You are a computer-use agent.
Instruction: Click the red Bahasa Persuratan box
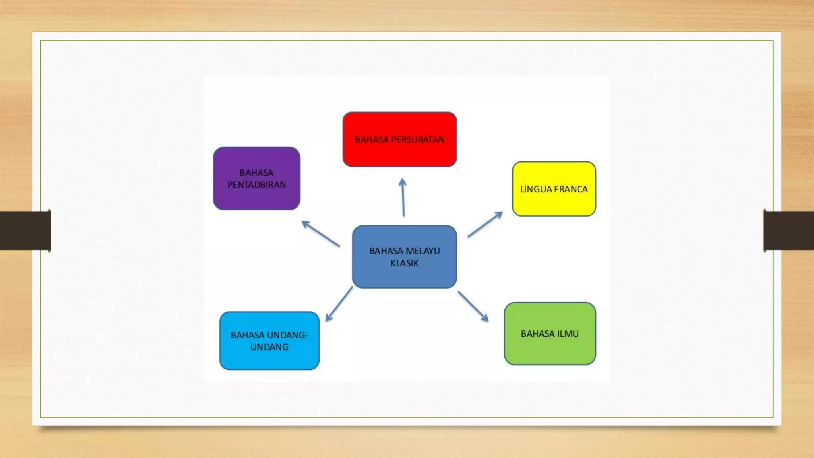coord(400,139)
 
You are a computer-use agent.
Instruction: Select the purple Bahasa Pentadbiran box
coord(257,179)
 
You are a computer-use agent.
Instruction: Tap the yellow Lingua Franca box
coord(554,189)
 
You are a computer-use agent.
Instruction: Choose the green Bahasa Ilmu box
coord(550,334)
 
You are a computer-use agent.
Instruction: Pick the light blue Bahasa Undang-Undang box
coord(269,341)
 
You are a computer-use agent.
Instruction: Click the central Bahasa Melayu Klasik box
coord(405,257)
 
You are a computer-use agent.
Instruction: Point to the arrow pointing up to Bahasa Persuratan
coord(403,197)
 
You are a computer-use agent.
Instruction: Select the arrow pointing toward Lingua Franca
coord(485,224)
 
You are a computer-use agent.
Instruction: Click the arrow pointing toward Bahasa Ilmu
coord(473,306)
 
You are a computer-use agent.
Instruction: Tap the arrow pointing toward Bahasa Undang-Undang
coord(339,304)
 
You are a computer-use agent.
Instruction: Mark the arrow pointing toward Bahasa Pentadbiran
coord(321,234)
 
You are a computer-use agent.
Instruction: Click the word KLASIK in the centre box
coord(405,263)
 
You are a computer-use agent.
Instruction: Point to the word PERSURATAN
coord(418,140)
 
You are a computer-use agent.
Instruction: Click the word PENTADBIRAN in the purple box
coord(257,185)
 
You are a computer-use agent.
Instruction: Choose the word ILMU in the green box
coord(568,334)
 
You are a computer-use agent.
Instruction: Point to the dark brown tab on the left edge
coord(25,231)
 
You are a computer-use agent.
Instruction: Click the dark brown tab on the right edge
coord(789,231)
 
